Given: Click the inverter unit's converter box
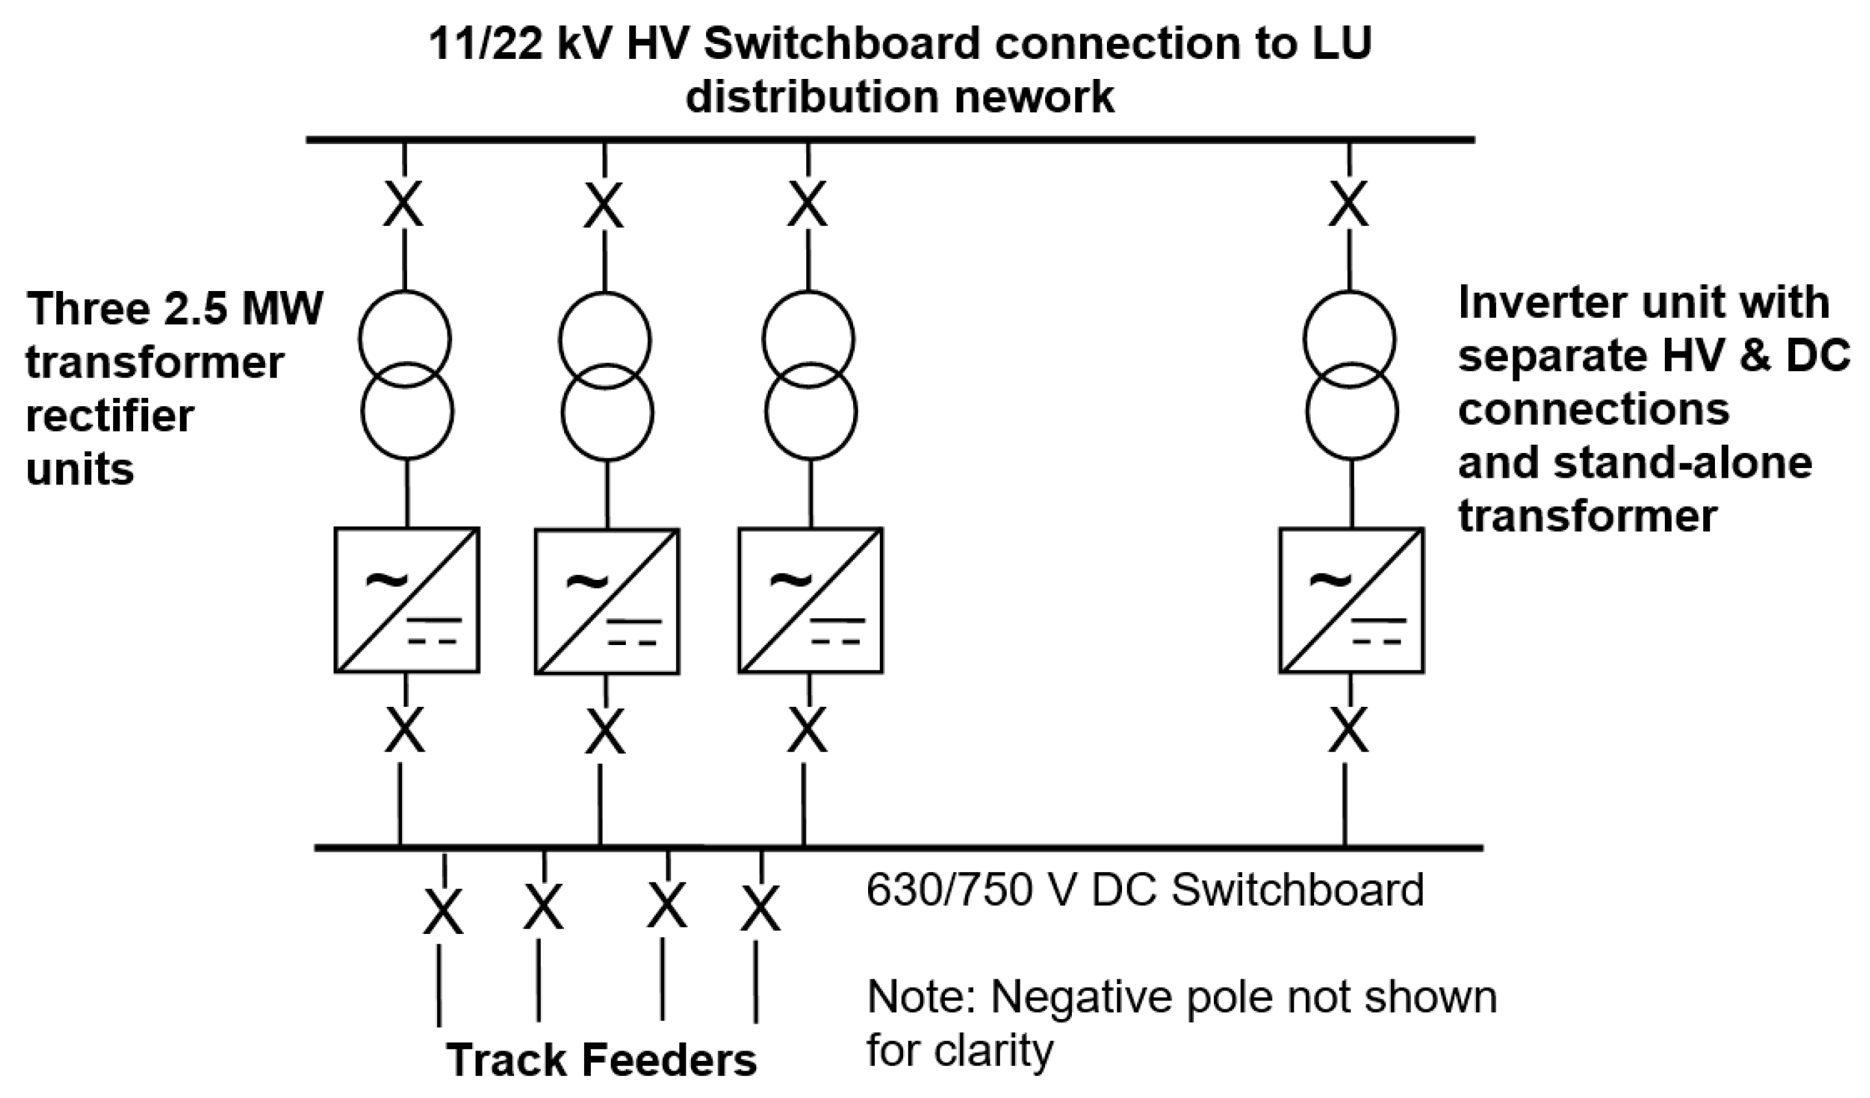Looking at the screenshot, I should click(1351, 600).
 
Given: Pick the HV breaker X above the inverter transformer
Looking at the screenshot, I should click(1349, 204).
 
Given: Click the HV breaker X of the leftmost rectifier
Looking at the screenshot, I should click(404, 204).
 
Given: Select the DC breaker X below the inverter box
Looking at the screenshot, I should click(1349, 730).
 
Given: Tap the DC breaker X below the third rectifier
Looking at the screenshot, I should click(808, 730).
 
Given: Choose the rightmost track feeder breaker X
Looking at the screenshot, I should click(760, 909).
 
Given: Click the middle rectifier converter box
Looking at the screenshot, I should click(607, 601).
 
